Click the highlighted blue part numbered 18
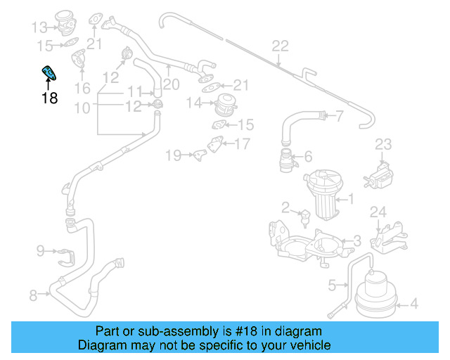click(51, 74)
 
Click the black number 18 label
click(49, 98)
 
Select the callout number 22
click(280, 46)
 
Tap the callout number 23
click(382, 144)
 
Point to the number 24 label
click(378, 212)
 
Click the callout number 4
click(413, 304)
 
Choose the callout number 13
click(39, 27)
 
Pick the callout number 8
click(33, 296)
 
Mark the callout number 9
click(40, 250)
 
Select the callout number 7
click(339, 115)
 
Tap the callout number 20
click(171, 84)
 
